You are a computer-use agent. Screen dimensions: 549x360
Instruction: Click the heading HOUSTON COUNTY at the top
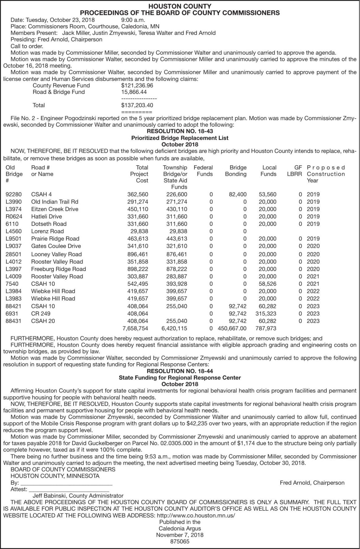point(180,6)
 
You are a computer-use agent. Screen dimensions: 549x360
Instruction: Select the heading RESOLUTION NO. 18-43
point(180,131)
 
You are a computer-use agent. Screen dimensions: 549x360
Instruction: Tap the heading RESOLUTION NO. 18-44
point(180,371)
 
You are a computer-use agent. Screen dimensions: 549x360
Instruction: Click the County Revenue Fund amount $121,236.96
point(137,86)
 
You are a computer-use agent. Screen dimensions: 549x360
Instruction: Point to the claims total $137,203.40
point(137,105)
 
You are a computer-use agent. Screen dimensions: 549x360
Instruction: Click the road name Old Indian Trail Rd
point(55,202)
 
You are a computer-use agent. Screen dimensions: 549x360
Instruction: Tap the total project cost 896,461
point(138,254)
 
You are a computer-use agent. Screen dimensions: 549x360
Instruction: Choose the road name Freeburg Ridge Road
point(58,269)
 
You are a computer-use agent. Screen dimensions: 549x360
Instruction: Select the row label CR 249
point(41,314)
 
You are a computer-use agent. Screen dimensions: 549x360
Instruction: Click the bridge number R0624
point(14,217)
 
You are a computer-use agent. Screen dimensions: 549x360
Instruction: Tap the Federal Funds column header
point(203,171)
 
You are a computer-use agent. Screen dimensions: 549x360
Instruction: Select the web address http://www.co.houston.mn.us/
point(196,516)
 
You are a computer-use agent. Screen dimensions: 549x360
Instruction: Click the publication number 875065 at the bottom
point(180,542)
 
